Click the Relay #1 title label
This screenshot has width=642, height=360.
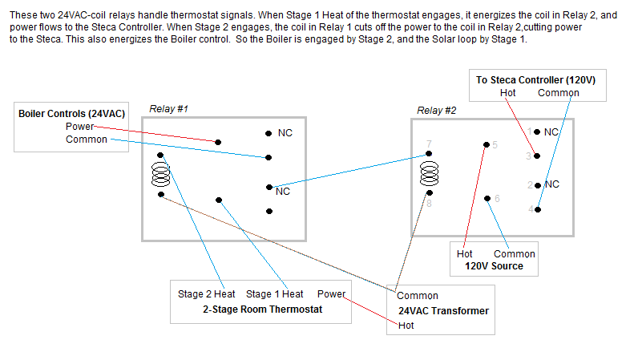click(x=168, y=108)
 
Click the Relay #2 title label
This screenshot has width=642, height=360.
click(x=436, y=110)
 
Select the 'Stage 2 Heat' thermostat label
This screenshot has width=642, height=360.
click(x=207, y=294)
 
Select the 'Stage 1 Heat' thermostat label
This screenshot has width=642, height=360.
click(x=274, y=294)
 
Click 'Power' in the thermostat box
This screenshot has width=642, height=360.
click(x=331, y=294)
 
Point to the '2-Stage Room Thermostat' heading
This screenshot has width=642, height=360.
click(x=261, y=309)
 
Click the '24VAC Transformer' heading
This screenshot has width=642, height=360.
click(x=443, y=311)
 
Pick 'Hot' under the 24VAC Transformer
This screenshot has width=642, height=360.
click(x=406, y=326)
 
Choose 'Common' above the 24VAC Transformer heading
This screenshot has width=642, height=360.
click(x=418, y=296)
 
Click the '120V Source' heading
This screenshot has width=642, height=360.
click(x=495, y=266)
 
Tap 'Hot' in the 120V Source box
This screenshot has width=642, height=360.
click(x=465, y=254)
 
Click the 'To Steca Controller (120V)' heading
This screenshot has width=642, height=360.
click(x=535, y=80)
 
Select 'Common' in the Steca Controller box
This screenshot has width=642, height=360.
click(x=558, y=93)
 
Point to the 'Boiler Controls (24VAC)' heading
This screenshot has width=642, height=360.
click(x=72, y=114)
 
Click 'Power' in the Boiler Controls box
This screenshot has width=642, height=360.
click(x=80, y=127)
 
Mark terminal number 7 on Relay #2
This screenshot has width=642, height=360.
click(x=430, y=144)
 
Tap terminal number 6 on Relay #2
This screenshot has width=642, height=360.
click(x=497, y=198)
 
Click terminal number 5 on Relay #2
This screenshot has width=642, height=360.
click(x=495, y=144)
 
